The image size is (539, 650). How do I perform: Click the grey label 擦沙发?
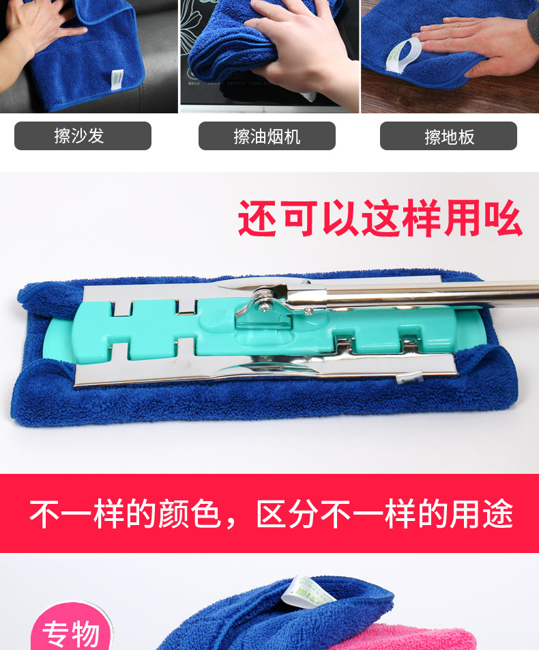click(x=83, y=136)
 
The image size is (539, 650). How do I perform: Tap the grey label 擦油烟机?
click(x=267, y=136)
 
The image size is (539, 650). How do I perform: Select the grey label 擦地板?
click(x=448, y=136)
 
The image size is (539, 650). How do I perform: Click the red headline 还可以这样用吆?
click(x=379, y=218)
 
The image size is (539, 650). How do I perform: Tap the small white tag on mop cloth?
click(x=409, y=378)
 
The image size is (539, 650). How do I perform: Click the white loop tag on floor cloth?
click(x=402, y=56)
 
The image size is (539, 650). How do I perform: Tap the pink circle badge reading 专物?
click(x=71, y=627)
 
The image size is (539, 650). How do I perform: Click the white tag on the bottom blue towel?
click(x=308, y=591)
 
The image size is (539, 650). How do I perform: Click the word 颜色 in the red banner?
click(x=189, y=514)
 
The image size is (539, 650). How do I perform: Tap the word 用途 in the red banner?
click(x=482, y=514)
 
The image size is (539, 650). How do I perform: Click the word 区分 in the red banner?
click(x=287, y=514)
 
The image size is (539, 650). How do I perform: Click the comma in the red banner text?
click(x=231, y=524)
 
